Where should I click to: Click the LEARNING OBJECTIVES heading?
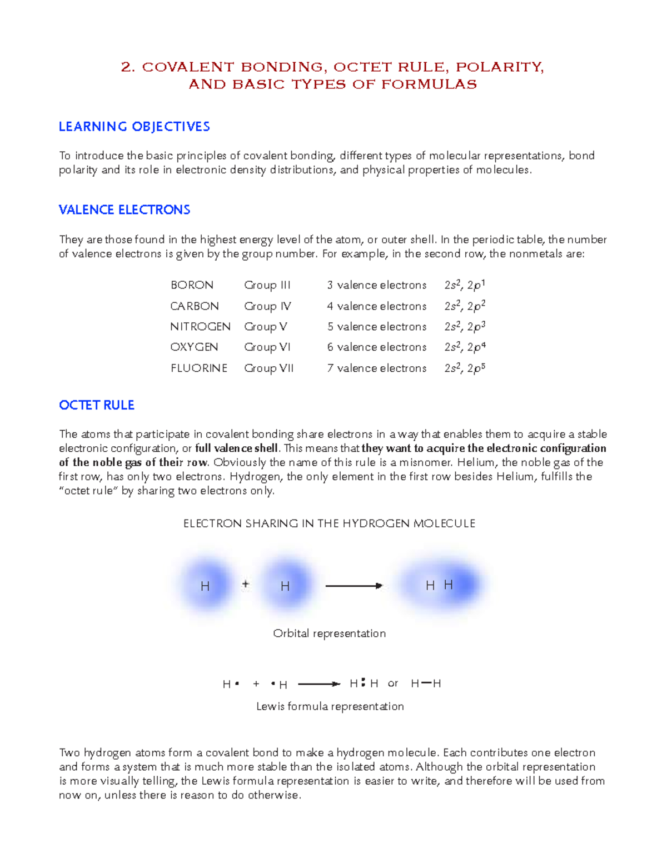pyautogui.click(x=134, y=127)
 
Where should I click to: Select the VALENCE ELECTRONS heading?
pyautogui.click(x=125, y=209)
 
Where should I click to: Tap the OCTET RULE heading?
pyautogui.click(x=97, y=405)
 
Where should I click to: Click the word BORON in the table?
pyautogui.click(x=192, y=285)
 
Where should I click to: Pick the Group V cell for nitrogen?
pyautogui.click(x=266, y=327)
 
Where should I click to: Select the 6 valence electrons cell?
pyautogui.click(x=377, y=347)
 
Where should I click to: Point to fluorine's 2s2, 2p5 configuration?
pyautogui.click(x=465, y=368)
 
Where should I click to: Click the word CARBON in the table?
pyautogui.click(x=195, y=306)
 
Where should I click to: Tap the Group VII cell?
pyautogui.click(x=268, y=368)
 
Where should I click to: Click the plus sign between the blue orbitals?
pyautogui.click(x=245, y=584)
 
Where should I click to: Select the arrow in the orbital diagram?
pyautogui.click(x=354, y=586)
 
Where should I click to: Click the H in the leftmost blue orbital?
pyautogui.click(x=205, y=586)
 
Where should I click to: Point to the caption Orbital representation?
pyautogui.click(x=329, y=633)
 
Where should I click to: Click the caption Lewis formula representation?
pyautogui.click(x=330, y=706)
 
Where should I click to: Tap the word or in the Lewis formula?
pyautogui.click(x=393, y=684)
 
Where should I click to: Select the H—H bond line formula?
pyautogui.click(x=426, y=684)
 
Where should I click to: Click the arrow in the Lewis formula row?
pyautogui.click(x=318, y=684)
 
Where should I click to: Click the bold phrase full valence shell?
pyautogui.click(x=236, y=448)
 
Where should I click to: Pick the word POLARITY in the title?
pyautogui.click(x=499, y=67)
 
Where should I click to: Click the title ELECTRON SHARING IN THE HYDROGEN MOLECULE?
pyautogui.click(x=329, y=523)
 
